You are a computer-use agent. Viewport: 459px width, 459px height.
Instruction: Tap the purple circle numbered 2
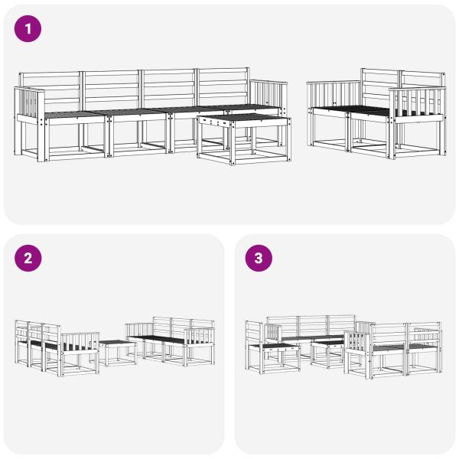(x=28, y=258)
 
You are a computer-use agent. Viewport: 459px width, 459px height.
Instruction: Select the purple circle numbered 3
(x=258, y=258)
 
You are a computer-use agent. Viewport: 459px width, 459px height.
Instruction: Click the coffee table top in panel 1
(x=243, y=119)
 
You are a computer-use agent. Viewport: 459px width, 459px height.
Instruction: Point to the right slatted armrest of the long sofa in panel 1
(x=268, y=95)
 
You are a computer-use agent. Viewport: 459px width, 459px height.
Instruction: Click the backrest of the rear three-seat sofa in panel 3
(x=312, y=325)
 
